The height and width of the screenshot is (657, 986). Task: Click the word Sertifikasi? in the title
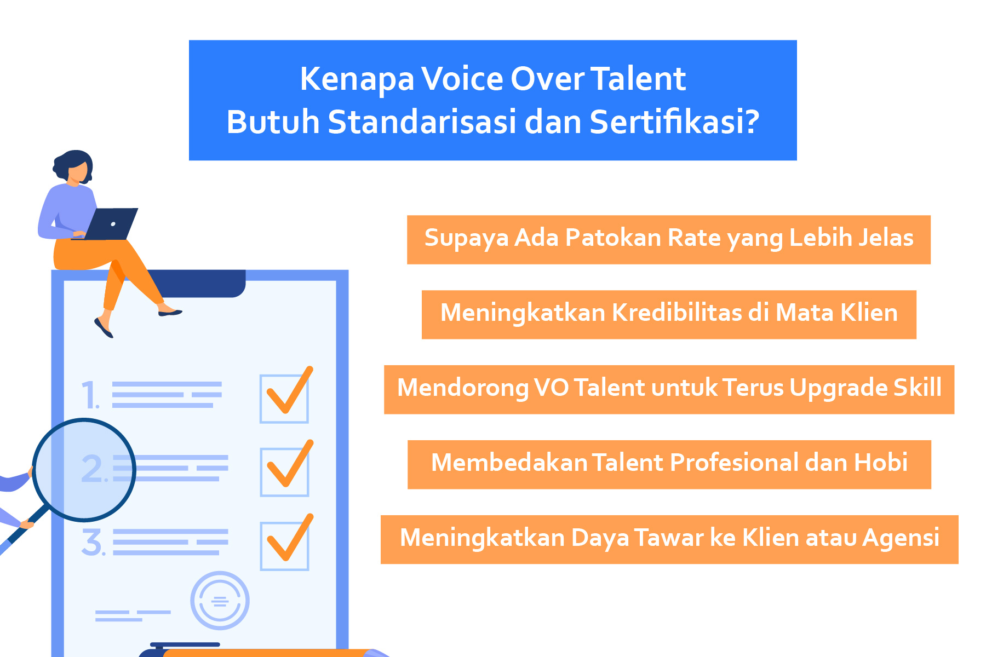(x=674, y=122)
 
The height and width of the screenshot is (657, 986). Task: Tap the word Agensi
(x=901, y=538)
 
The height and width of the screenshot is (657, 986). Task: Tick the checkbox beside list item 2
(x=284, y=472)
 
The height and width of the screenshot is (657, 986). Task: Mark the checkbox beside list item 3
(x=284, y=546)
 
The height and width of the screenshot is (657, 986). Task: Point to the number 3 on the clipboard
(x=93, y=543)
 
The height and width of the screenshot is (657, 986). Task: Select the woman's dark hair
(x=72, y=163)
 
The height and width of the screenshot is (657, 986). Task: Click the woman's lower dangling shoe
(x=104, y=327)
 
